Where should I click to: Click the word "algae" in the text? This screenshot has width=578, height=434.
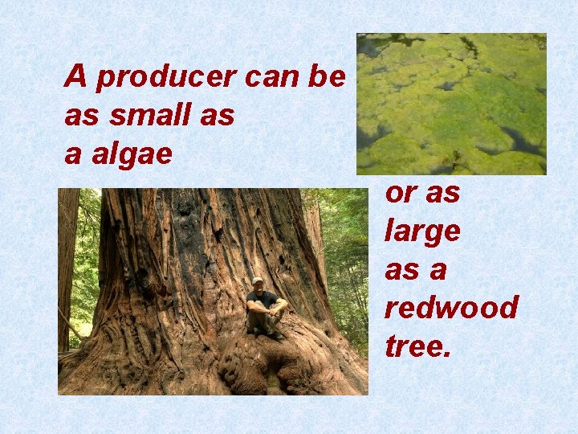pyautogui.click(x=130, y=154)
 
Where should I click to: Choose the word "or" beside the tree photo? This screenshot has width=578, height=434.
pyautogui.click(x=400, y=193)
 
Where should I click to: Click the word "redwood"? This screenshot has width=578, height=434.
pyautogui.click(x=451, y=308)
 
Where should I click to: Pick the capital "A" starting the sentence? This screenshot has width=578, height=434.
pyautogui.click(x=75, y=76)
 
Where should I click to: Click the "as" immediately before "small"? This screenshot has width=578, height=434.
pyautogui.click(x=82, y=116)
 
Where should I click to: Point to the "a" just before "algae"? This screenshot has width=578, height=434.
pyautogui.click(x=72, y=154)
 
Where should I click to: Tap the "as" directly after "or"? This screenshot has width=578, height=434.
pyautogui.click(x=443, y=193)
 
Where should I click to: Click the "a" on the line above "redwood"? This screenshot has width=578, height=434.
pyautogui.click(x=438, y=270)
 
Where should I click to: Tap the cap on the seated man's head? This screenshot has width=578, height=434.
pyautogui.click(x=257, y=280)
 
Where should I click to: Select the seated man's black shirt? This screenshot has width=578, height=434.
pyautogui.click(x=262, y=301)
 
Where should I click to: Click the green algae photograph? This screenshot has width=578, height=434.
pyautogui.click(x=451, y=104)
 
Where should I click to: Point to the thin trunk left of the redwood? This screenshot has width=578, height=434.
pyautogui.click(x=67, y=265)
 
